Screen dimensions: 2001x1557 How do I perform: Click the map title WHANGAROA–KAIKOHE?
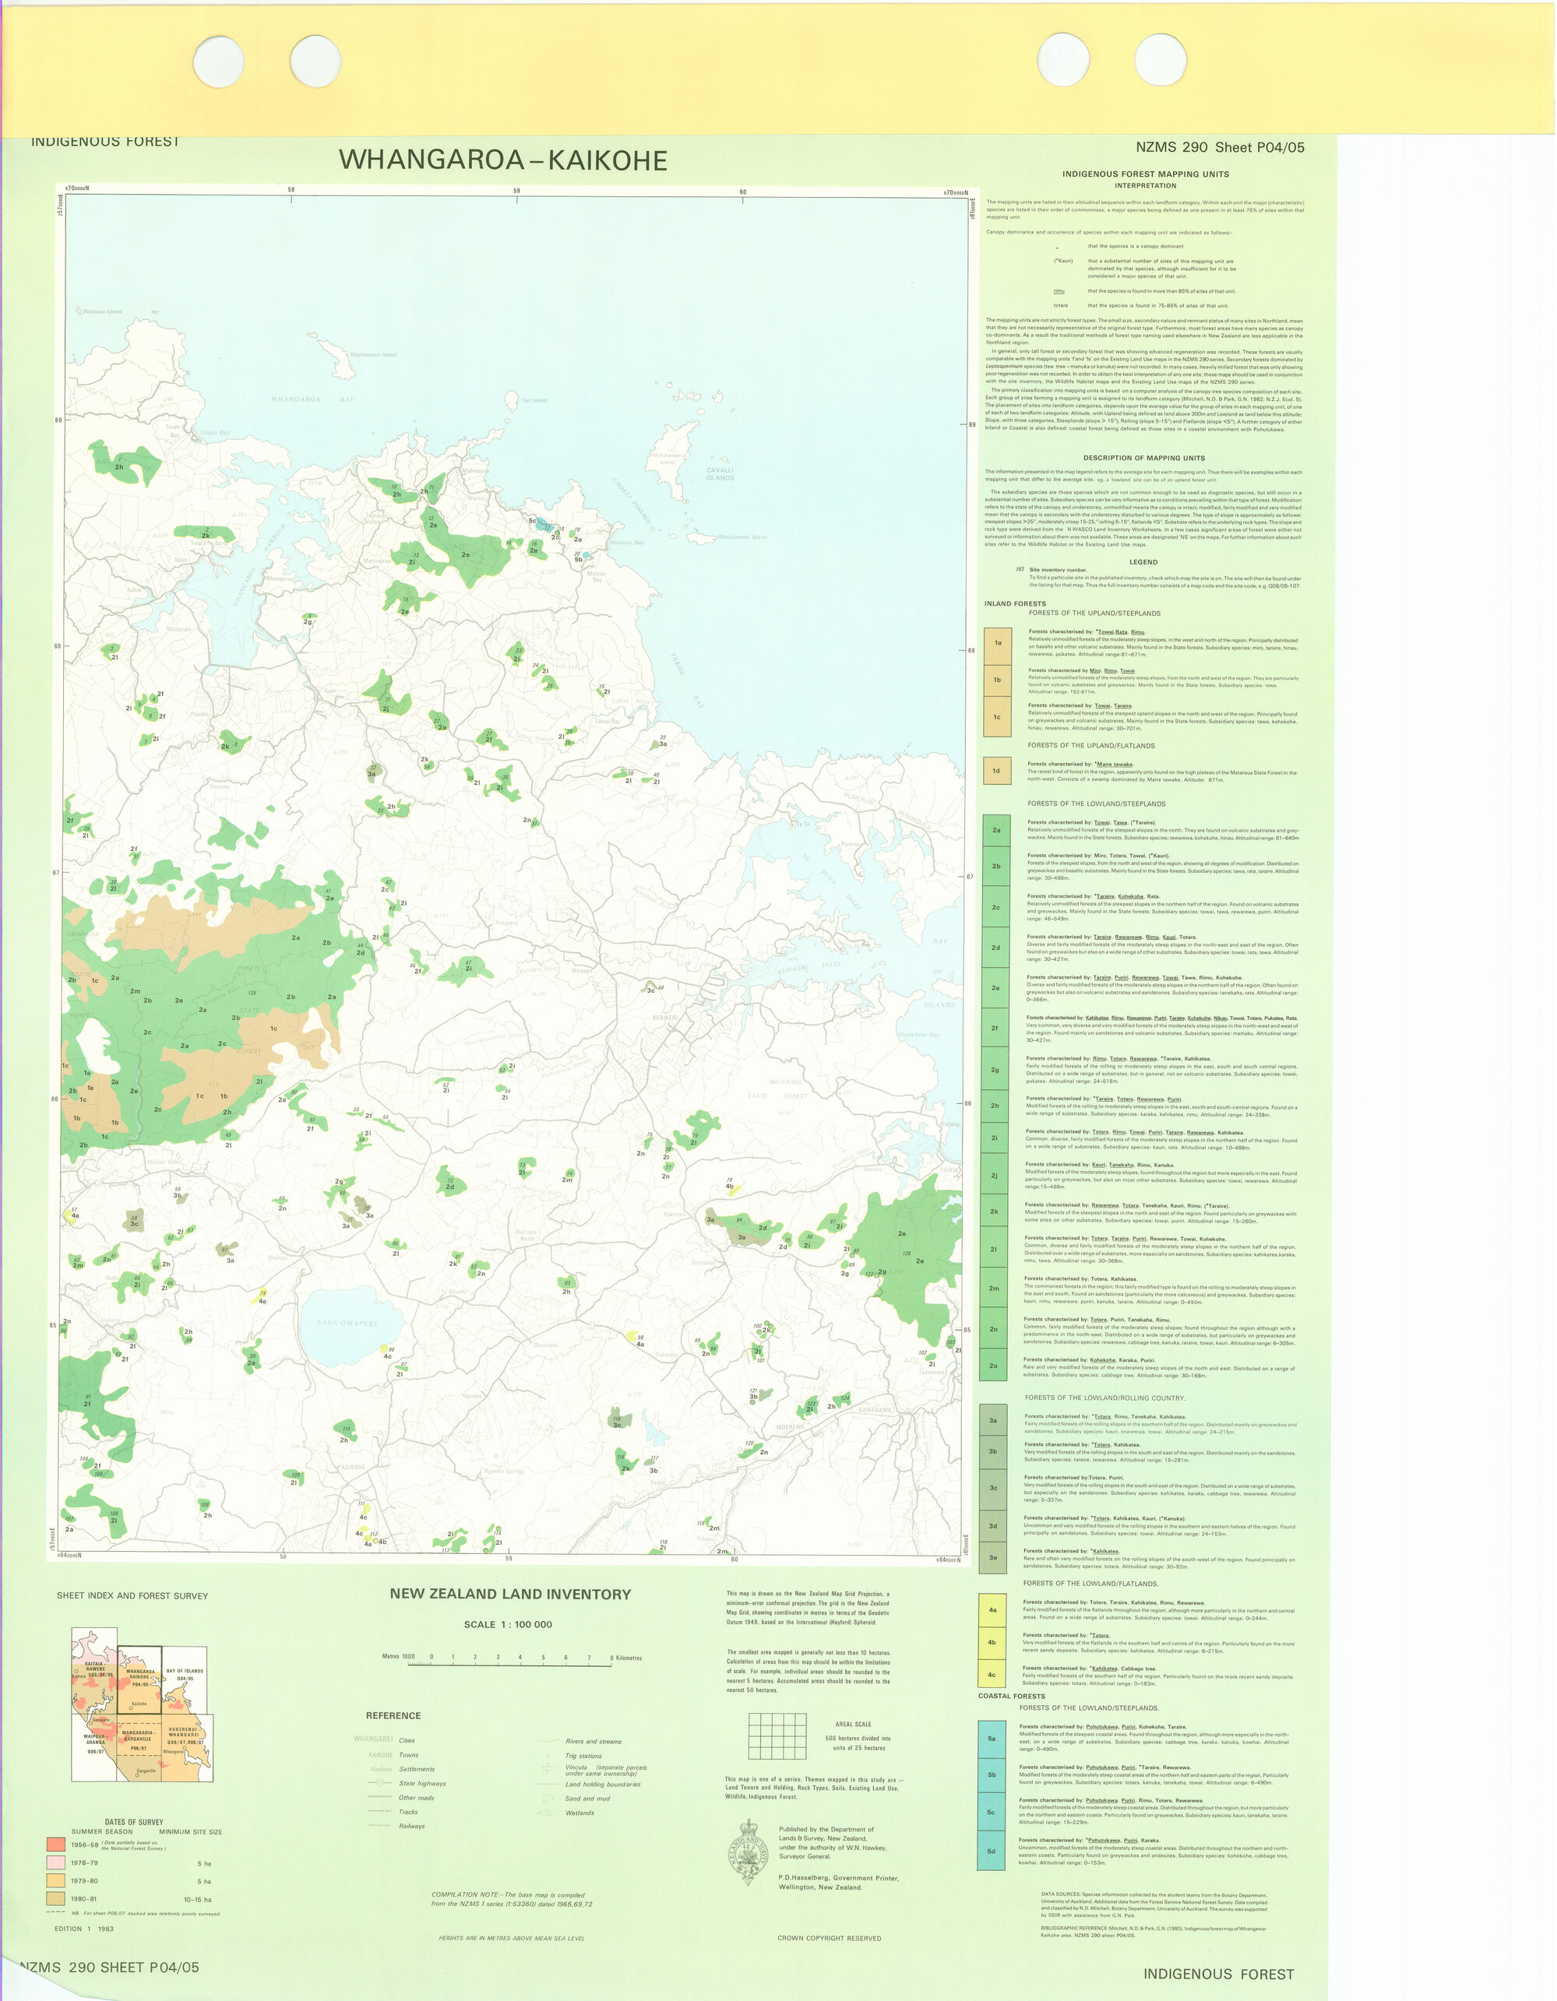click(502, 160)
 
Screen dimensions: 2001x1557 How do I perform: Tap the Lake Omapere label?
click(347, 1323)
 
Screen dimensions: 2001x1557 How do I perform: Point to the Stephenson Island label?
click(374, 354)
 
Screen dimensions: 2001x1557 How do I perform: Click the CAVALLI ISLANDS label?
click(720, 473)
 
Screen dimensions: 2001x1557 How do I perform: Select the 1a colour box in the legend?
click(997, 642)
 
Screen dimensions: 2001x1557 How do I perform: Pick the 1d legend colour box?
click(996, 771)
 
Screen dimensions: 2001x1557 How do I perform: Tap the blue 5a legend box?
click(991, 1738)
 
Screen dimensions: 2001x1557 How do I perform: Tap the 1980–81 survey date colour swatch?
click(56, 1898)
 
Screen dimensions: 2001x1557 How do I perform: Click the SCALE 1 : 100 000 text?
click(508, 1624)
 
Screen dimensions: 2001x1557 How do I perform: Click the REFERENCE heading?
click(393, 1715)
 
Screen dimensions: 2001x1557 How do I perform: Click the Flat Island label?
click(534, 400)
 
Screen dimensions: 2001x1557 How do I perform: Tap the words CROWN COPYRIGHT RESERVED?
click(829, 1956)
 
